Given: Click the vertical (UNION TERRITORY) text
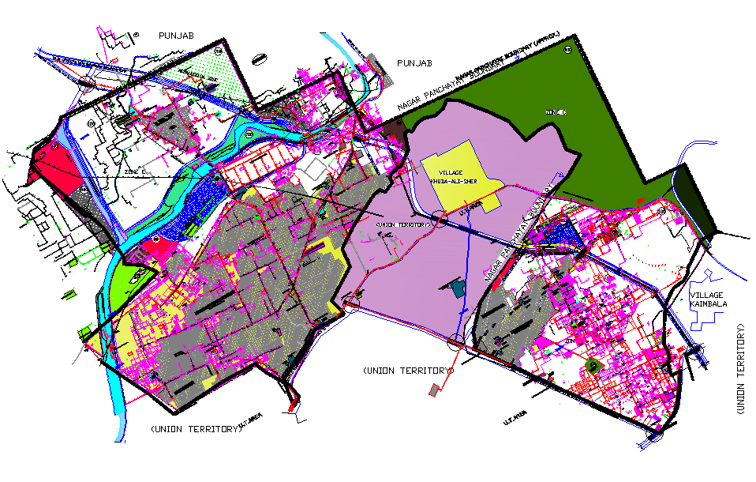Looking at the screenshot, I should click(742, 368).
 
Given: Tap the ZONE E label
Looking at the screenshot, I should click(137, 170).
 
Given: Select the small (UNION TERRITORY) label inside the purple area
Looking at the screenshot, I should click(404, 224).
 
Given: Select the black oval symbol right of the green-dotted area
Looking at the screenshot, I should click(257, 58).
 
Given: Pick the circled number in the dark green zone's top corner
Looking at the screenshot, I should click(567, 50).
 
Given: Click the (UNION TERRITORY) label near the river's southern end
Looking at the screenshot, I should click(194, 429).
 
